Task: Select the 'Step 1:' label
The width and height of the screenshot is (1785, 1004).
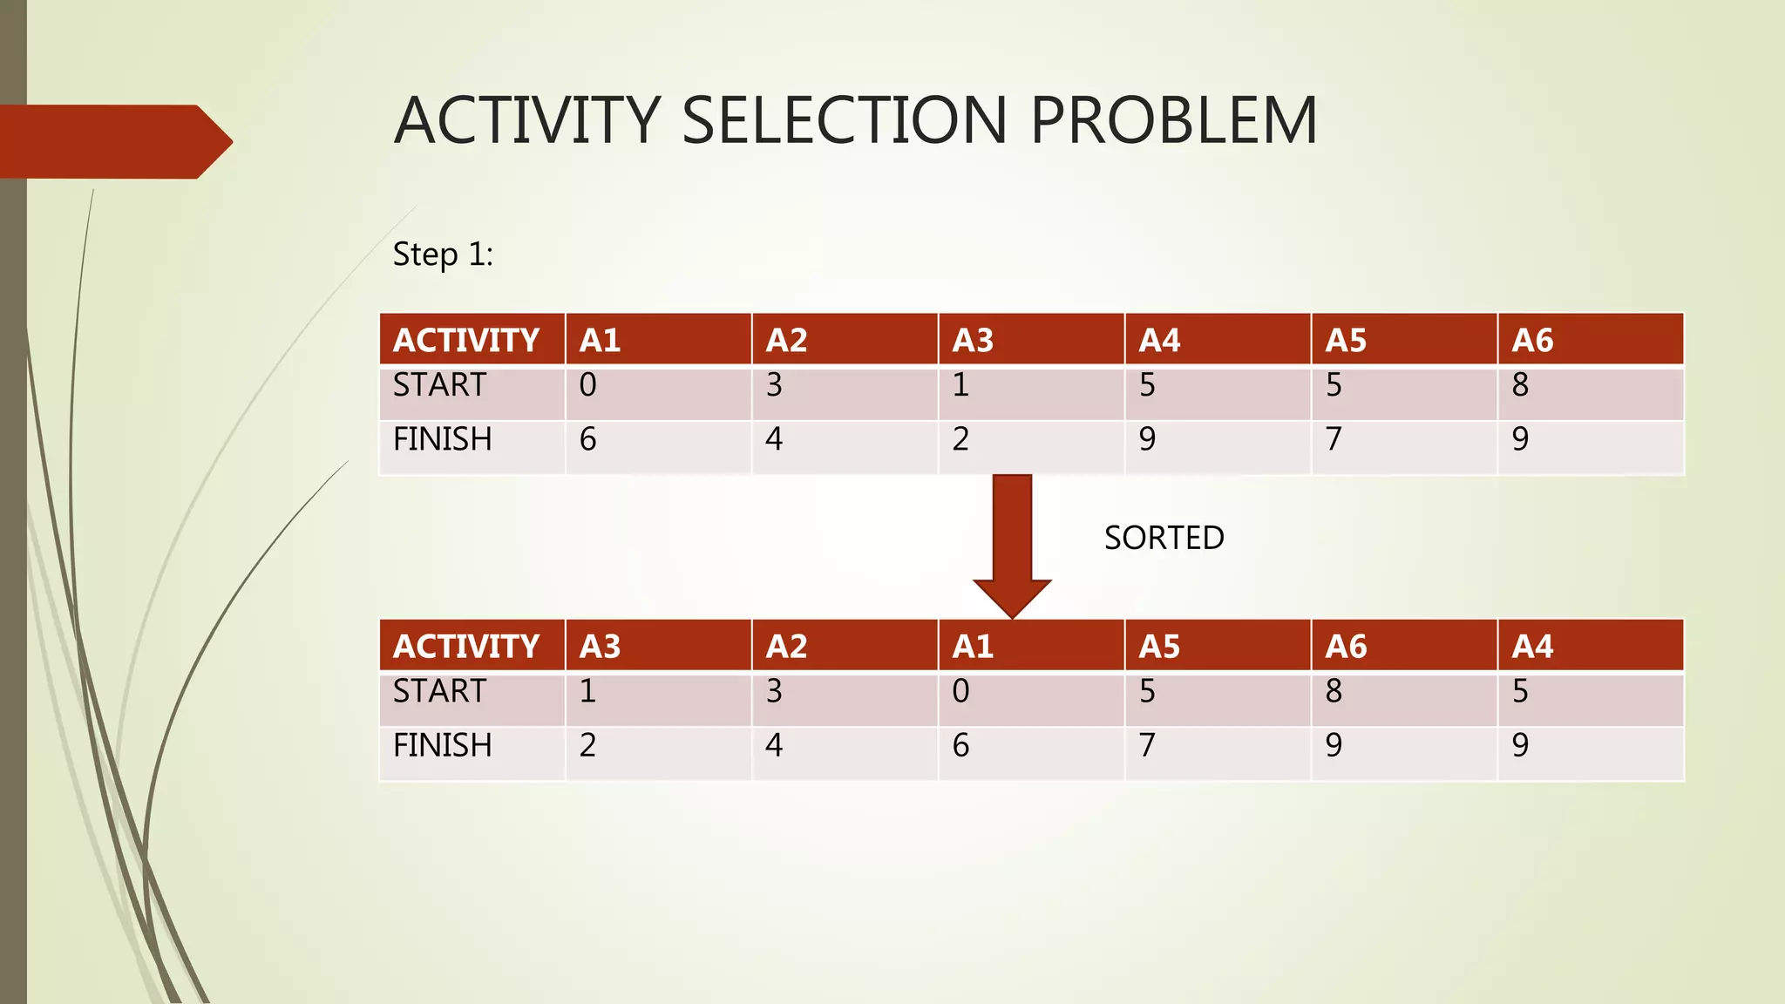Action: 443,254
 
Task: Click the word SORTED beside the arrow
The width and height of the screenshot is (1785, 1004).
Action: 1164,538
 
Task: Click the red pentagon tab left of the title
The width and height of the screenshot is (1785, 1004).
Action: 113,142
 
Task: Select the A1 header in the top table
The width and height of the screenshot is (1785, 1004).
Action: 601,340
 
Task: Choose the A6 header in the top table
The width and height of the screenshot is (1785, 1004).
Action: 1532,340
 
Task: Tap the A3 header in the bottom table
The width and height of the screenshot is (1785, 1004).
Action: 601,646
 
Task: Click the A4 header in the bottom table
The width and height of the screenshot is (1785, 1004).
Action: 1532,646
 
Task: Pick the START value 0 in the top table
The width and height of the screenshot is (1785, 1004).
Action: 588,385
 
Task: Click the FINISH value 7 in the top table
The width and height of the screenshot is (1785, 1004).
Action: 1334,439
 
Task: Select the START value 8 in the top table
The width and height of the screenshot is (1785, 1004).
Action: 1520,385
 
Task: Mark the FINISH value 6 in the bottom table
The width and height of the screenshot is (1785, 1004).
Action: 960,745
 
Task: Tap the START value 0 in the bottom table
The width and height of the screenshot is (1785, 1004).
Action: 960,691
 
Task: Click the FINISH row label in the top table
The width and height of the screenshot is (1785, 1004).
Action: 442,439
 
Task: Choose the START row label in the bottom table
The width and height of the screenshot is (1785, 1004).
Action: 439,691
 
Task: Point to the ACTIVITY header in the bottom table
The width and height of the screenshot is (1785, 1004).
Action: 466,646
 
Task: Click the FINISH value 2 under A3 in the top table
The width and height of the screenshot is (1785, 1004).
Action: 960,439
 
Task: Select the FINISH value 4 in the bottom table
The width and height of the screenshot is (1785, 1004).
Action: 774,745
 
